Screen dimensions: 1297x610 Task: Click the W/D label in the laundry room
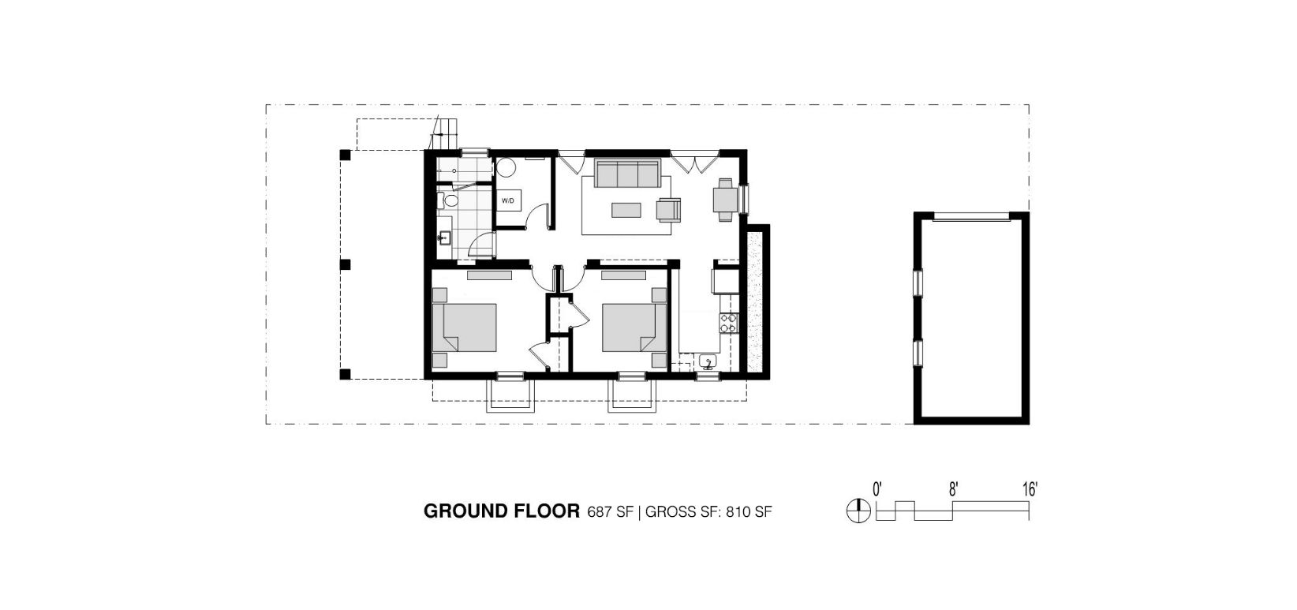click(x=508, y=201)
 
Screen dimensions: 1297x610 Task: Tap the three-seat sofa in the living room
click(x=628, y=173)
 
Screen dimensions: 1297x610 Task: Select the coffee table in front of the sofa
click(x=626, y=210)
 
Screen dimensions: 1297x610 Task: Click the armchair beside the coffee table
click(x=668, y=210)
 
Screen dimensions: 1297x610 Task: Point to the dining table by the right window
click(x=725, y=200)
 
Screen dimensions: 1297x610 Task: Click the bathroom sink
click(x=444, y=238)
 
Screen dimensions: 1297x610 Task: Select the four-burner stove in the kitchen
click(x=728, y=324)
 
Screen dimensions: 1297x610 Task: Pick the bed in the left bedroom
click(x=465, y=327)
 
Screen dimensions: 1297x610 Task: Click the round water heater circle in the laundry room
click(x=506, y=168)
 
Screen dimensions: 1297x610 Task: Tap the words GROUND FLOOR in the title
click(x=502, y=511)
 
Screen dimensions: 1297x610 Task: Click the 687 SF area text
click(x=611, y=511)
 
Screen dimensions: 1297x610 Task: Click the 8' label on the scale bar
click(x=953, y=489)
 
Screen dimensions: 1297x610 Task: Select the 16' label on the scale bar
click(x=1030, y=489)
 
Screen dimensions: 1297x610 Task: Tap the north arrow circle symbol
click(x=858, y=511)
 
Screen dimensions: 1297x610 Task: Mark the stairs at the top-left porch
click(x=445, y=133)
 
